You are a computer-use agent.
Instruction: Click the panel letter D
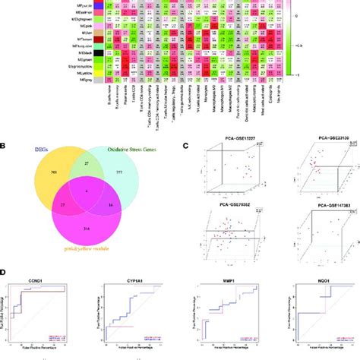point(5,272)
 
